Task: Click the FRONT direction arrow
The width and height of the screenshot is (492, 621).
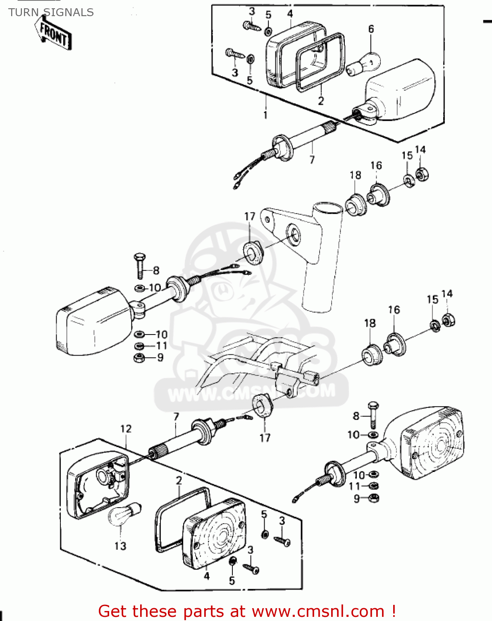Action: pos(53,35)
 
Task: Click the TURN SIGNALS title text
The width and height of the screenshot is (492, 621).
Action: pos(51,12)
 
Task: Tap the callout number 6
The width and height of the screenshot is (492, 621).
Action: pos(371,29)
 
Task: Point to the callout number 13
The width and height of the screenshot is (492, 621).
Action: pos(120,546)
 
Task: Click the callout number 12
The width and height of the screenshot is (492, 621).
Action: pos(126,429)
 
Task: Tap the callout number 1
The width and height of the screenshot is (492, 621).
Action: pos(265,115)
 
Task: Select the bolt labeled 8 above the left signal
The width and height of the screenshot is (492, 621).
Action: pos(140,265)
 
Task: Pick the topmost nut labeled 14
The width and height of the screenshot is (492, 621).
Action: pos(422,174)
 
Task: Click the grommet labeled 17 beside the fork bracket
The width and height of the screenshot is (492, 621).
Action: pos(253,251)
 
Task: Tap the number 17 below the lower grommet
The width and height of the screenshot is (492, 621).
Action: pos(265,438)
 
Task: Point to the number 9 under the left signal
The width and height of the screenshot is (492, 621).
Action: pos(160,357)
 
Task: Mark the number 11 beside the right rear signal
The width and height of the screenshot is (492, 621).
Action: pos(355,486)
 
